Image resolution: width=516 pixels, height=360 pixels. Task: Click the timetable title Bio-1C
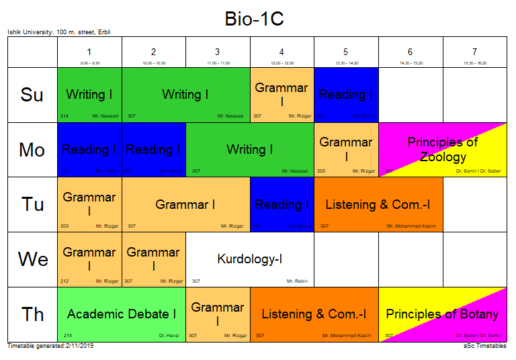pyautogui.click(x=254, y=19)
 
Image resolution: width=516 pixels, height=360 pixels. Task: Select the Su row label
pyautogui.click(x=32, y=95)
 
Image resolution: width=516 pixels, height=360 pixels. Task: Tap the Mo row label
pyautogui.click(x=32, y=150)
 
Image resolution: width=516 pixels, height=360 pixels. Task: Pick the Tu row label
pyautogui.click(x=32, y=205)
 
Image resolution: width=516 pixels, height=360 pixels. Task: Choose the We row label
pyautogui.click(x=32, y=259)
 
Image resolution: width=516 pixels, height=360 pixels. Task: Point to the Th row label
pyautogui.click(x=32, y=314)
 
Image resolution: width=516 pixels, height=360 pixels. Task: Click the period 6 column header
pyautogui.click(x=411, y=52)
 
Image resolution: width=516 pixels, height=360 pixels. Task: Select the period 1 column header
pyautogui.click(x=89, y=52)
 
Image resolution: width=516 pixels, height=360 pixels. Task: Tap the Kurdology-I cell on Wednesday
pyautogui.click(x=249, y=259)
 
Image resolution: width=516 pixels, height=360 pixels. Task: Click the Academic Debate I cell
pyautogui.click(x=122, y=314)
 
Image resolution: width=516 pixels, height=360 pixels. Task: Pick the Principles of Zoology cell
pyautogui.click(x=443, y=150)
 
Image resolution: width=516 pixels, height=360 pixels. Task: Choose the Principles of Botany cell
pyautogui.click(x=442, y=314)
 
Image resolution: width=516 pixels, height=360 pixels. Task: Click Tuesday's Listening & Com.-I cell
pyautogui.click(x=378, y=205)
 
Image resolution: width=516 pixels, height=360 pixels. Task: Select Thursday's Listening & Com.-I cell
pyautogui.click(x=314, y=314)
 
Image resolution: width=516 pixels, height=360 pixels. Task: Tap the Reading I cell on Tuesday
pyautogui.click(x=282, y=205)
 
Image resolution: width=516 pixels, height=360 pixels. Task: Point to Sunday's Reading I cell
pyautogui.click(x=346, y=95)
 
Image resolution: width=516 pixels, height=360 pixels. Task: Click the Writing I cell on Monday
pyautogui.click(x=249, y=150)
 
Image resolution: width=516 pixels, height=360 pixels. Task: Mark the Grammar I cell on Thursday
pyautogui.click(x=218, y=314)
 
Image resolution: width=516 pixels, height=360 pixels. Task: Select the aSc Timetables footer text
pyautogui.click(x=484, y=346)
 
